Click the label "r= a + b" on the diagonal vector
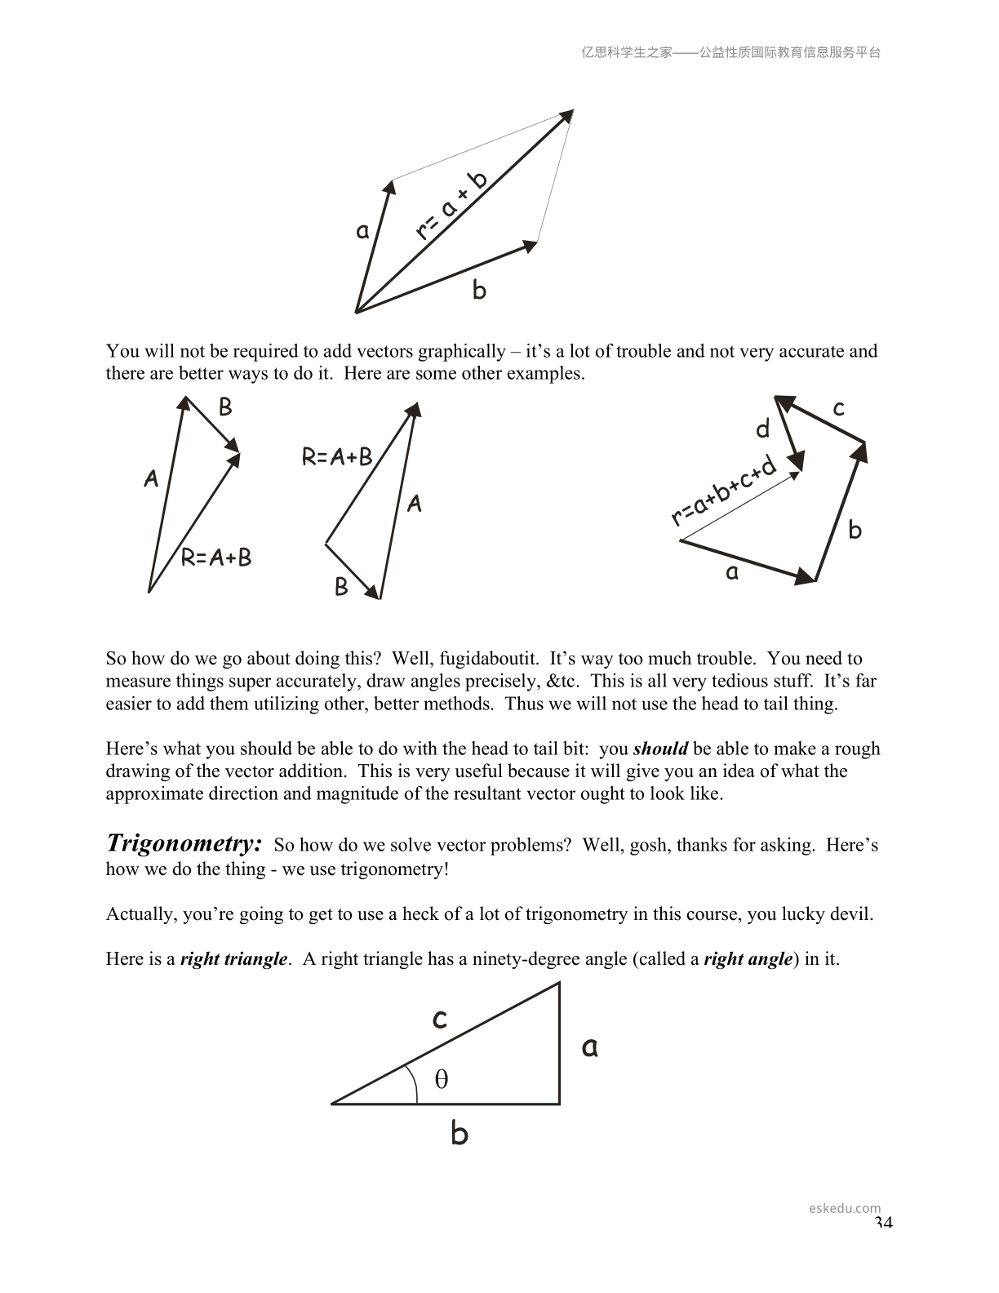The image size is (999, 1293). (451, 207)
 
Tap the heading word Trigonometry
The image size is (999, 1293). (184, 843)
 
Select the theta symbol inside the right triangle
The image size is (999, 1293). (442, 1079)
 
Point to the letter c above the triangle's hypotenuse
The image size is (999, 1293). (439, 1018)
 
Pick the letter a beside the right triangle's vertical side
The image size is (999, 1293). (589, 1046)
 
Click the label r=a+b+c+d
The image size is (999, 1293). (723, 492)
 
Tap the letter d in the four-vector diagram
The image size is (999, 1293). (763, 429)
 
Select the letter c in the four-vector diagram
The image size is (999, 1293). (838, 407)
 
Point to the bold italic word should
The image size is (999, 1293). (660, 749)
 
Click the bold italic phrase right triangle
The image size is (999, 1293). (233, 958)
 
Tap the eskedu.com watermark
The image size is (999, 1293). (845, 1208)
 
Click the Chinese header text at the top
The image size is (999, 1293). (730, 52)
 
